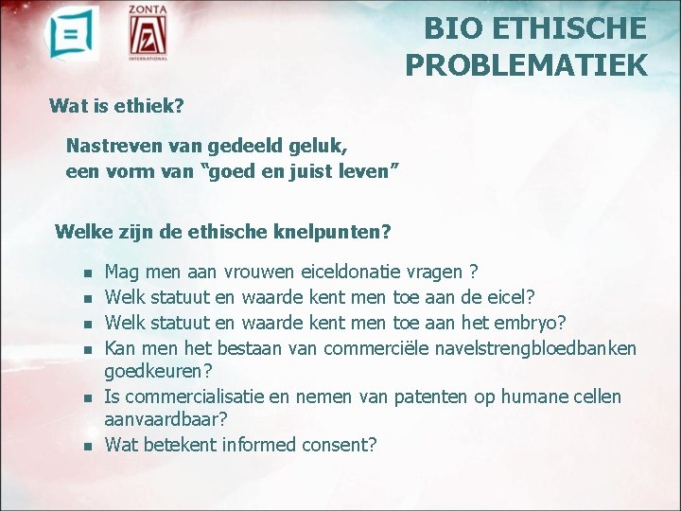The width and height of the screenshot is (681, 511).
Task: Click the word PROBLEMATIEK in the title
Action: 527,64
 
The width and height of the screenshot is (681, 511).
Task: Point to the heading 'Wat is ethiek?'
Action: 116,105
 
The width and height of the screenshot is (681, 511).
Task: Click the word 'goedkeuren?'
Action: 157,371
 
